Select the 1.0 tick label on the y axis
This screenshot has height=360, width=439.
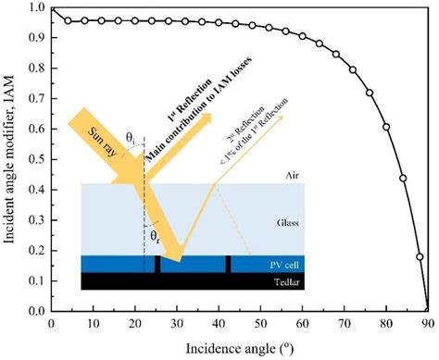pos(36,8)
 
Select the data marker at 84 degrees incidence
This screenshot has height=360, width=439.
pos(403,178)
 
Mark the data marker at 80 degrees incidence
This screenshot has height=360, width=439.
pos(386,127)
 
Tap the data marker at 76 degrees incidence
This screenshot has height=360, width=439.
pos(370,93)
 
